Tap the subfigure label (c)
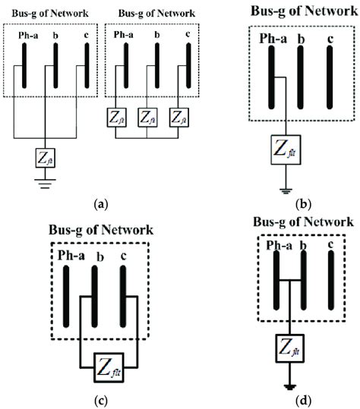(95, 398)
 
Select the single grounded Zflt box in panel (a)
(43, 158)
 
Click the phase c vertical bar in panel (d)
(332, 282)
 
